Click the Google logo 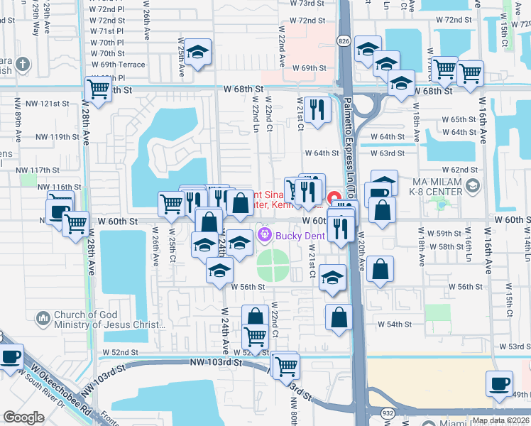click(x=24, y=417)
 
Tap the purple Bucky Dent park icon click(x=265, y=234)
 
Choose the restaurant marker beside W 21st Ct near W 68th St click(x=317, y=109)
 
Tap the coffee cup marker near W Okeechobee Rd click(x=11, y=356)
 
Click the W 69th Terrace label click(x=117, y=65)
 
